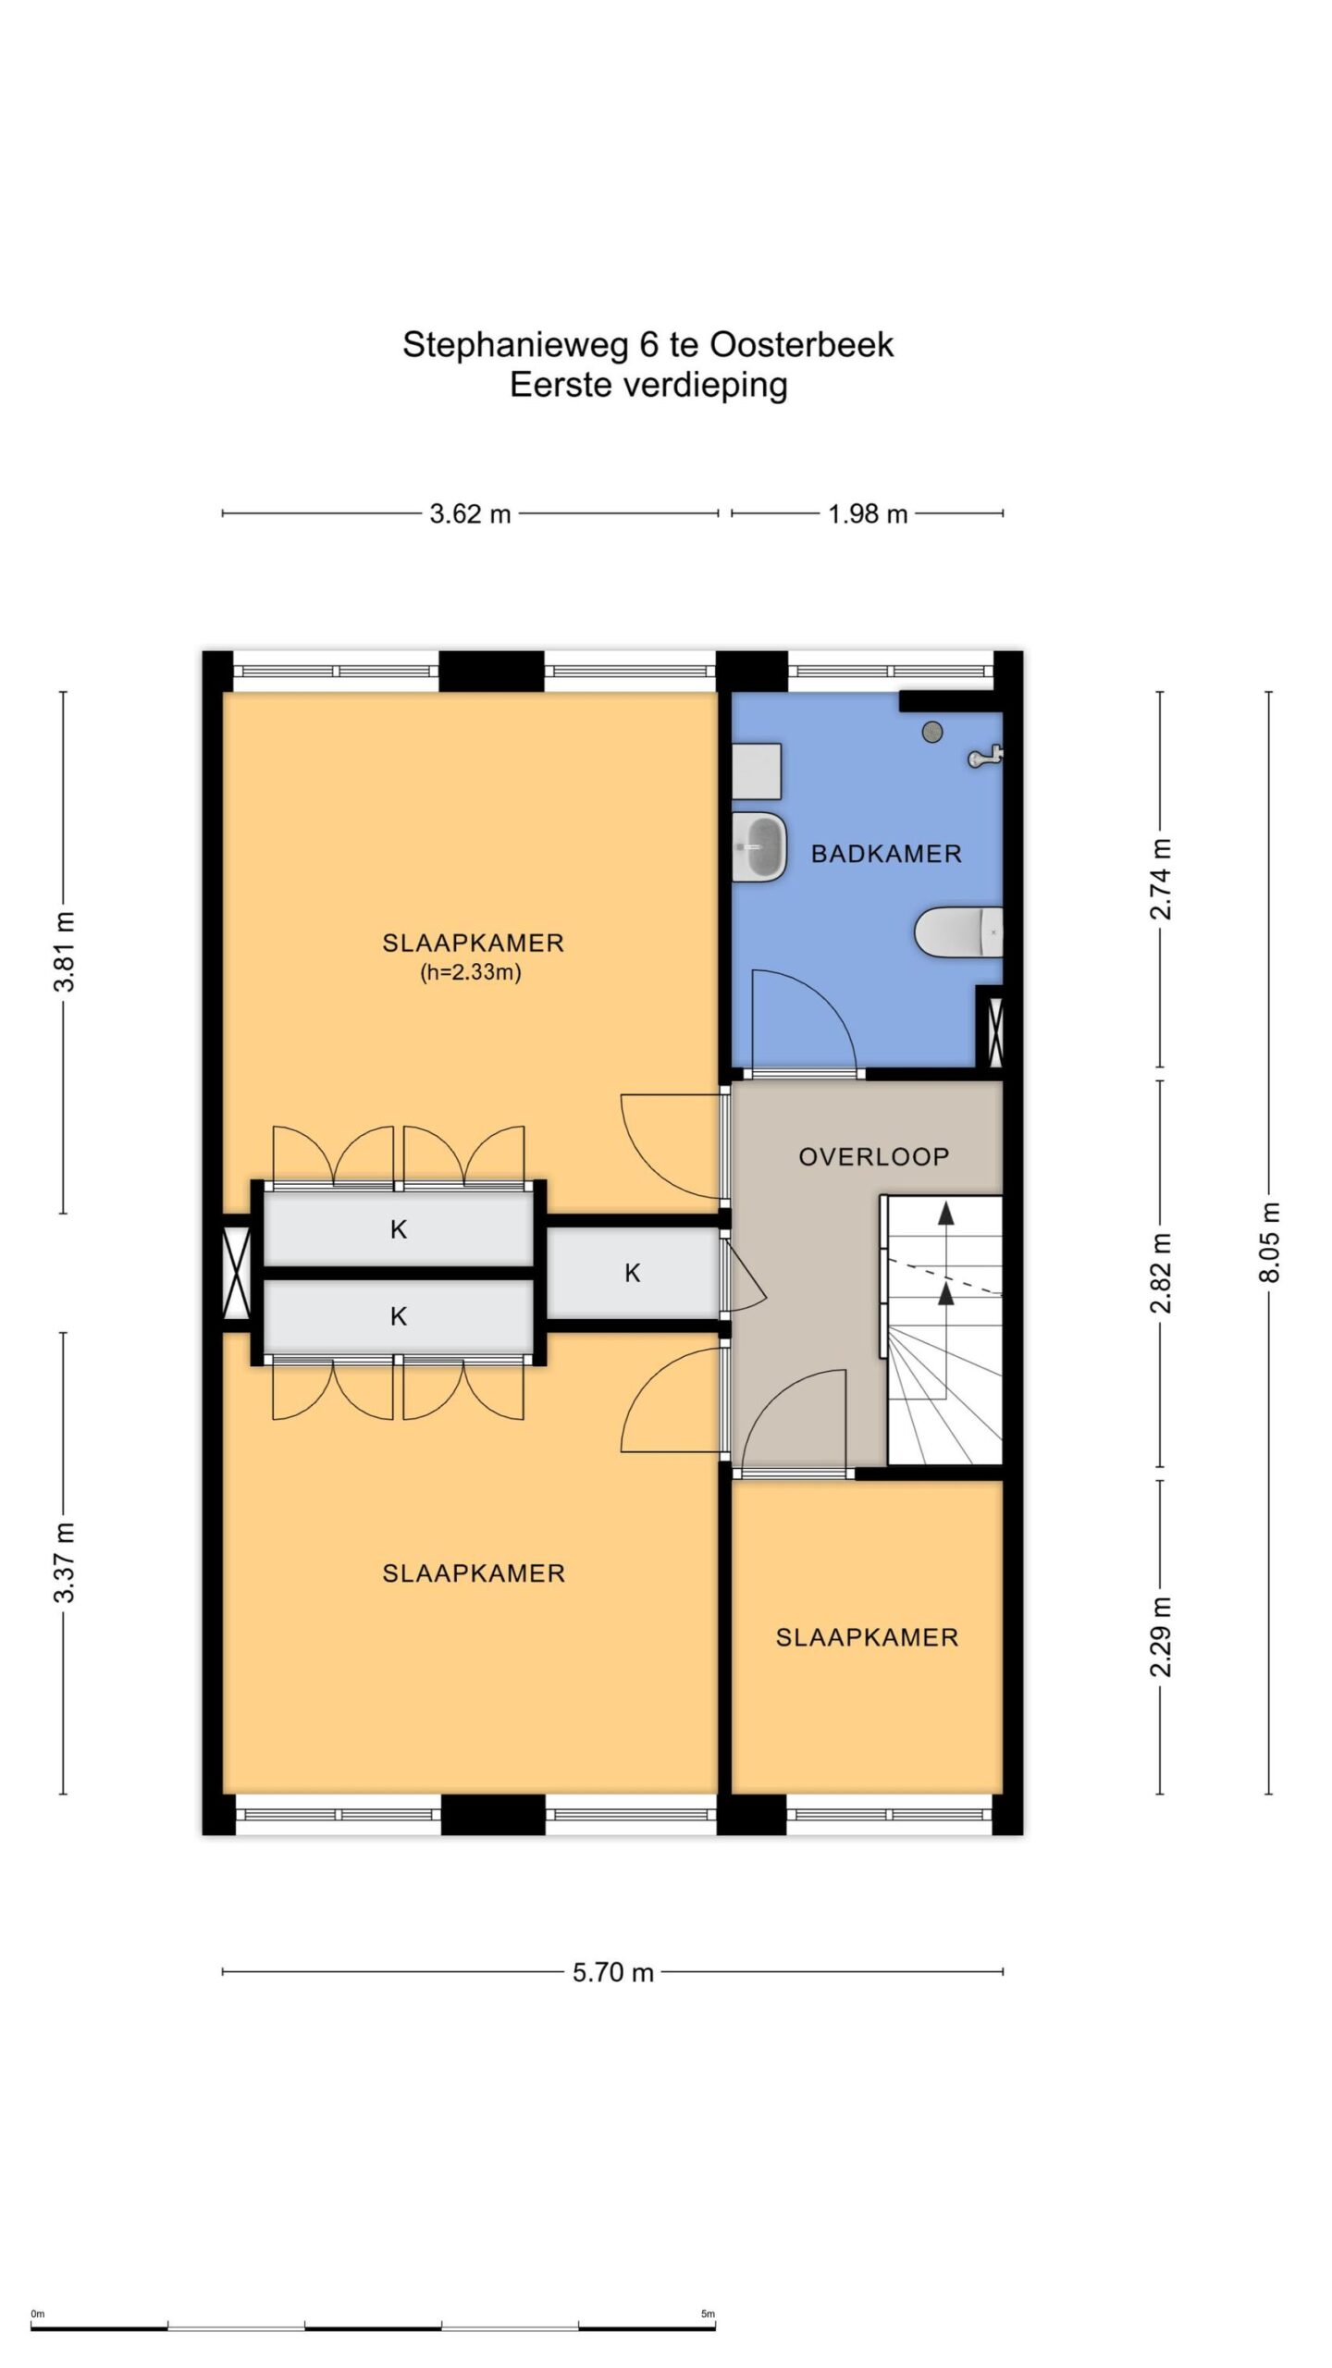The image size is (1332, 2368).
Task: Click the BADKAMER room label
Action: point(886,853)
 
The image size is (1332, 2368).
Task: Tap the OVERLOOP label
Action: point(874,1156)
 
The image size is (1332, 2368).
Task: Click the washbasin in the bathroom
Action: point(759,846)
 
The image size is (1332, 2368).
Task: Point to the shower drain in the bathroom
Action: point(932,731)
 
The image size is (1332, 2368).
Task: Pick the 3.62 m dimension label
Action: point(470,513)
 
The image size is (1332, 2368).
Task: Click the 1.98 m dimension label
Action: point(868,513)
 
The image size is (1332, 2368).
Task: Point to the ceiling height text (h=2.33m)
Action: point(472,972)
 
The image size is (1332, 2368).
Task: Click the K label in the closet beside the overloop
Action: point(633,1273)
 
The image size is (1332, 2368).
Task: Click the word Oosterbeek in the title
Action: point(802,345)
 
